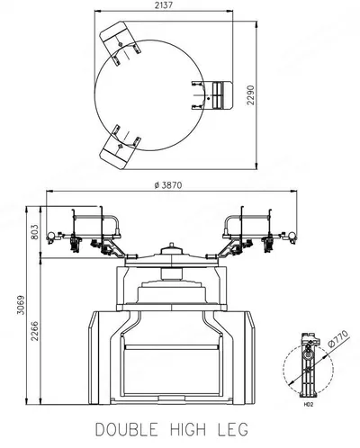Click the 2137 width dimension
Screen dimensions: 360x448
(x=165, y=4)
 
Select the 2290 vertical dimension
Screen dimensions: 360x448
(x=250, y=95)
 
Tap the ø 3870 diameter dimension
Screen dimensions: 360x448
(x=168, y=185)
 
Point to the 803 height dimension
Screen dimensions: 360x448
(x=35, y=231)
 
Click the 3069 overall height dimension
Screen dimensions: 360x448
(x=21, y=305)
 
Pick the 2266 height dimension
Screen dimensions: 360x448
(x=35, y=331)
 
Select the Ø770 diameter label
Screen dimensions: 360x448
(x=338, y=339)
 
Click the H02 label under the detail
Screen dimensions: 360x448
(x=309, y=405)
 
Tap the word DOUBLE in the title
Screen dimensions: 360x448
(x=127, y=429)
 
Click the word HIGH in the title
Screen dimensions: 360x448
(x=188, y=429)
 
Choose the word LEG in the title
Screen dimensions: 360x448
(x=232, y=429)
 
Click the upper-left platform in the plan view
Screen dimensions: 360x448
(x=120, y=42)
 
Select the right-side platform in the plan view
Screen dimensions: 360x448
(x=212, y=95)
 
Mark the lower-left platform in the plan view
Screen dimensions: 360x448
(x=120, y=147)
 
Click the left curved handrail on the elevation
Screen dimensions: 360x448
(x=97, y=224)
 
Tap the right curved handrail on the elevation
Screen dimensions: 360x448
(x=247, y=224)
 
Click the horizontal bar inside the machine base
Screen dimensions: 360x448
(x=171, y=347)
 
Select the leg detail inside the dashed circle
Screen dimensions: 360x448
(x=308, y=364)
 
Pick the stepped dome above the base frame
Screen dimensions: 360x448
(x=172, y=291)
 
